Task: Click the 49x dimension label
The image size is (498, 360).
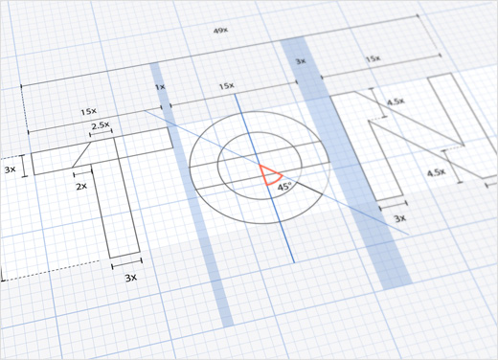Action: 220,31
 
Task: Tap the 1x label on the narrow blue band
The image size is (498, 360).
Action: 160,86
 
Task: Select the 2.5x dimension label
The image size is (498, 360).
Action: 101,125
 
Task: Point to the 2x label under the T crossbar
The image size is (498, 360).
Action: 81,186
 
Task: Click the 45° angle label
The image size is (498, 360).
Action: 284,187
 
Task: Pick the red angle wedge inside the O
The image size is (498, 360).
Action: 270,175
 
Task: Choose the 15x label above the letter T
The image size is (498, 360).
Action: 88,112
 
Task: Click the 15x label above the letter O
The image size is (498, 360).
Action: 226,86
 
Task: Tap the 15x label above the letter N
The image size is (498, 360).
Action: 373,58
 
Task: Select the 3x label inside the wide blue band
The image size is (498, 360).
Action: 301,61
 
